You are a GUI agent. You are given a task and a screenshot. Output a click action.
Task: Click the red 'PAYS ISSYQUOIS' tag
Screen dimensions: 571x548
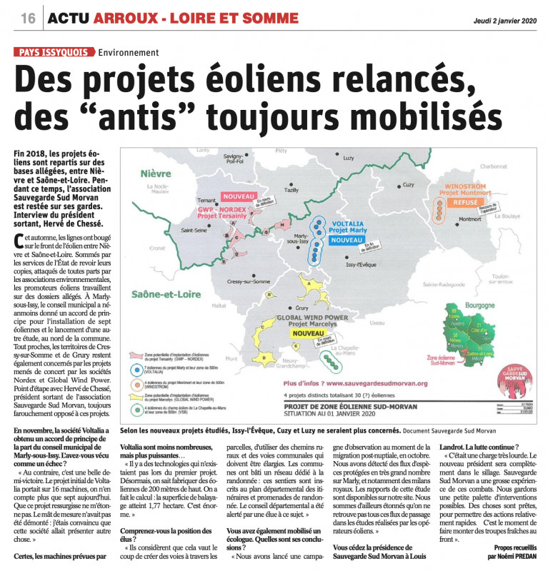click(x=54, y=52)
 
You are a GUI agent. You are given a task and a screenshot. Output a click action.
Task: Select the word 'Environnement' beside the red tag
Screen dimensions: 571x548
click(x=129, y=52)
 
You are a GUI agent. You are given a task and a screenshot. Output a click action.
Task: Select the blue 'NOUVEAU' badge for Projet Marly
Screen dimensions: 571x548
click(x=347, y=239)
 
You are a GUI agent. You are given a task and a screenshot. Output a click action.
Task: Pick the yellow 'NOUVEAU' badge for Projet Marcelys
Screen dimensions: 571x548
click(x=308, y=333)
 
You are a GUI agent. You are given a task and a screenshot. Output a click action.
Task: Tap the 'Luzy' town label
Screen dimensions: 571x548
click(x=349, y=158)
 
